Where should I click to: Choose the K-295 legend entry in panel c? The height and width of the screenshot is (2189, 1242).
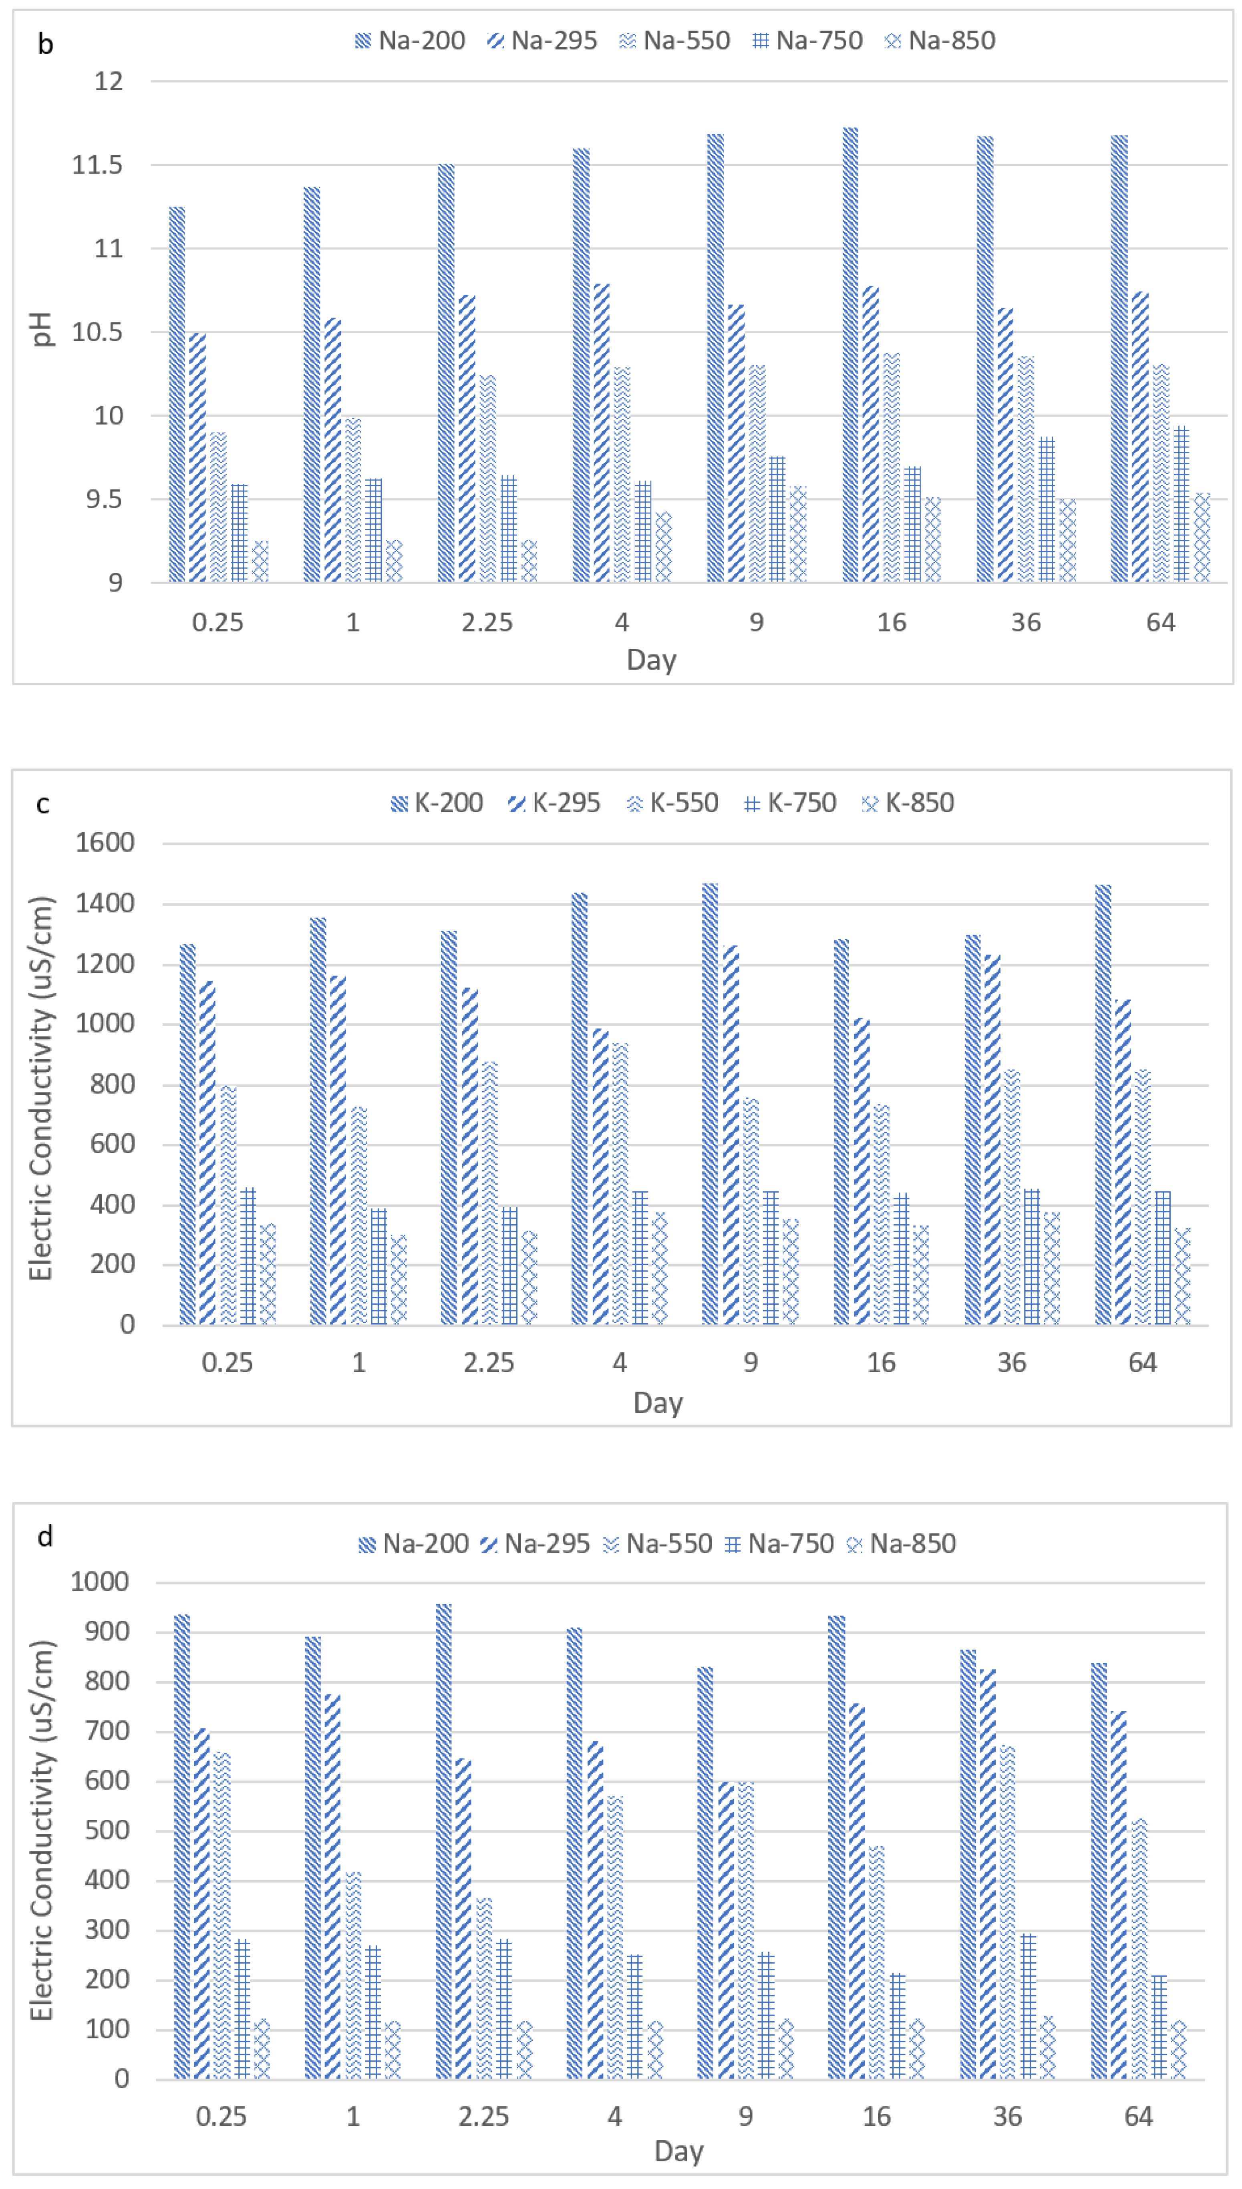[554, 803]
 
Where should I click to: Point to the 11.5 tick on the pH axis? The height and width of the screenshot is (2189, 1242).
[97, 165]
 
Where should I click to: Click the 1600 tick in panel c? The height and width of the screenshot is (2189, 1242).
[105, 843]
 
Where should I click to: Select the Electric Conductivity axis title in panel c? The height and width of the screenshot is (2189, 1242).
[41, 1087]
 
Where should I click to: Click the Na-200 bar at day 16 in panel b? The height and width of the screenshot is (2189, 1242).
[850, 354]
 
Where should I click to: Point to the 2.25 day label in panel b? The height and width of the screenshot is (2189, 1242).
[487, 622]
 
